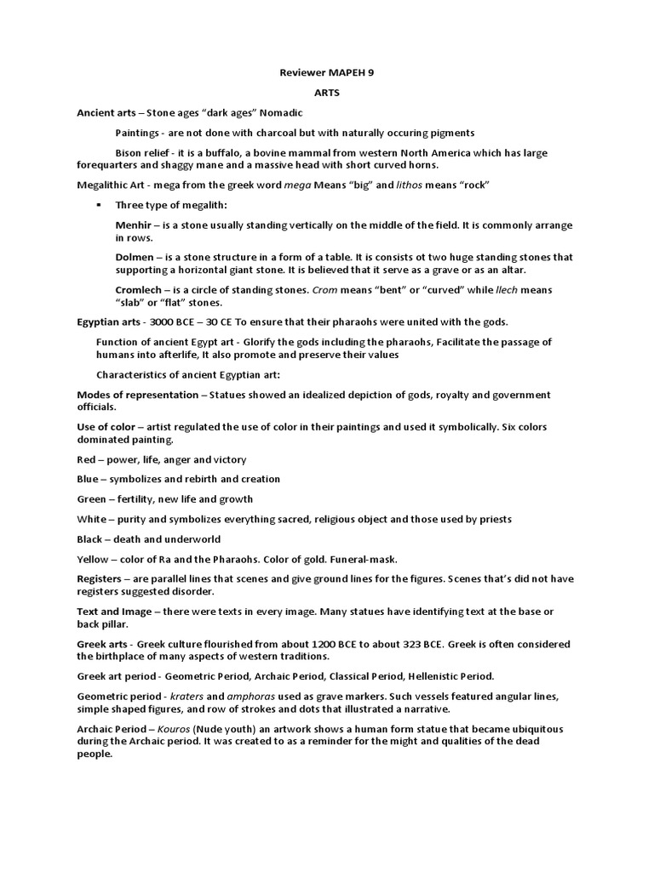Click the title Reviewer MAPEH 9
click(327, 73)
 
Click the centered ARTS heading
click(327, 94)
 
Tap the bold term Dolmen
click(135, 257)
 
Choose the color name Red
click(87, 459)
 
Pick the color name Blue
click(89, 479)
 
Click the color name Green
click(91, 499)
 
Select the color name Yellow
click(93, 559)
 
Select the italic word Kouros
click(170, 730)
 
